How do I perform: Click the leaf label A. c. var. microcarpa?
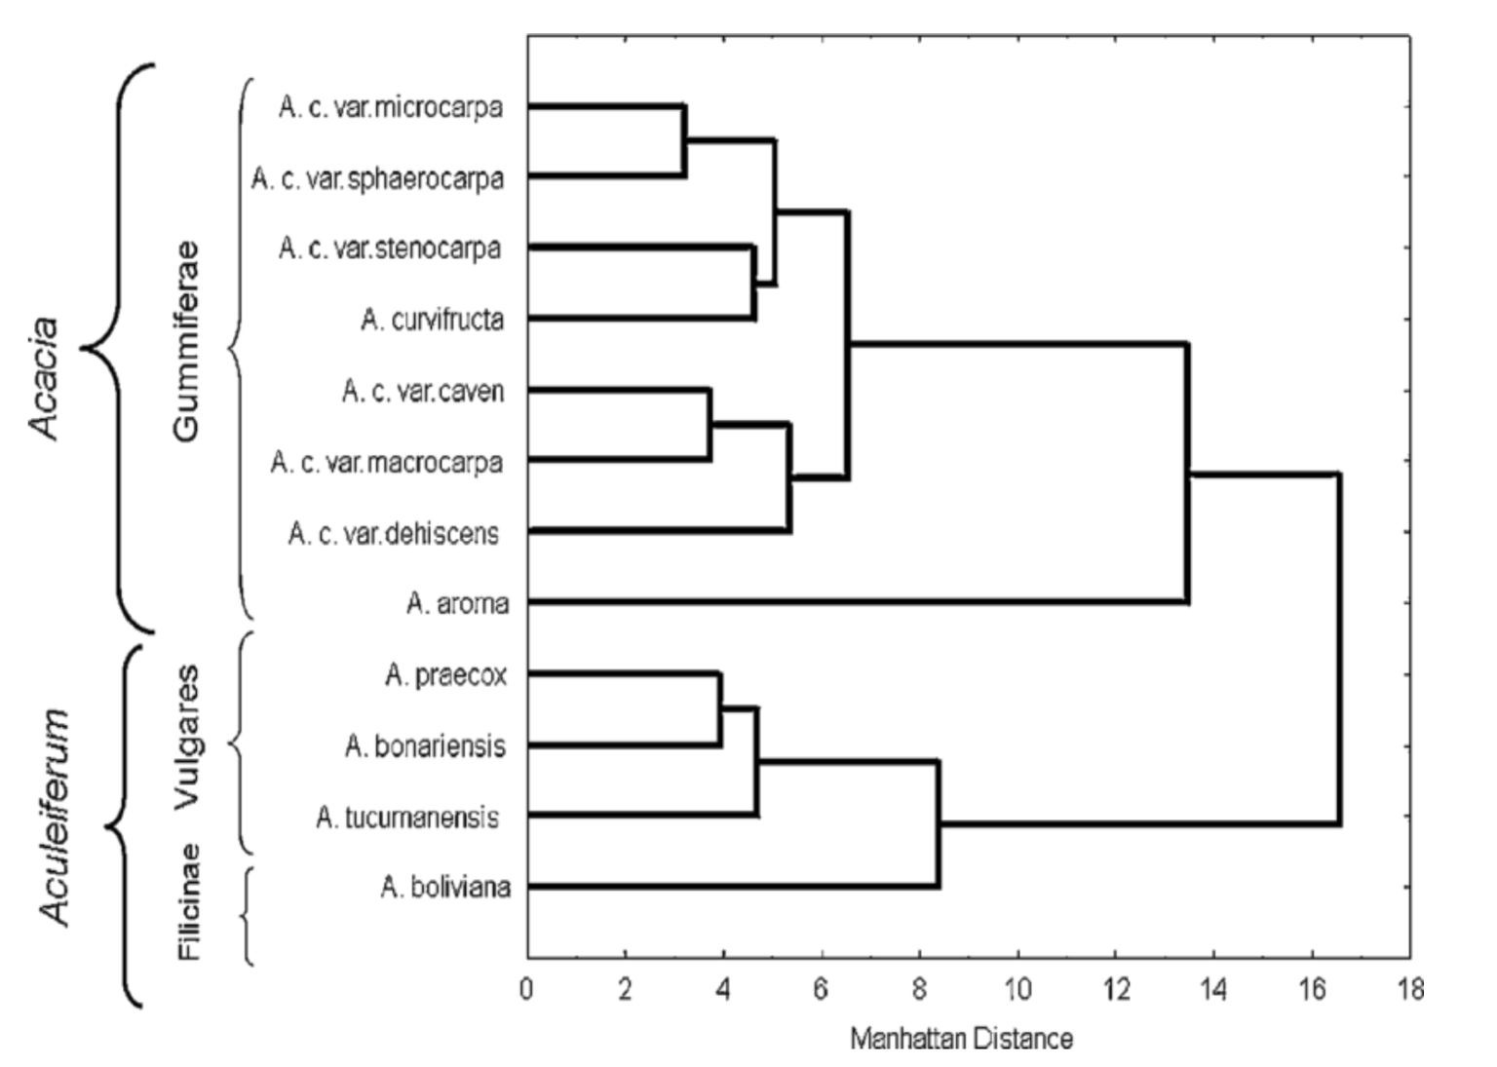[x=391, y=106]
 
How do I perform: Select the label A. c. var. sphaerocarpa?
[x=377, y=178]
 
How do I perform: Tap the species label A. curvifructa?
[x=432, y=320]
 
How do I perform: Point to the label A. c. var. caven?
[x=422, y=391]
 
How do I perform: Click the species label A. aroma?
[x=457, y=604]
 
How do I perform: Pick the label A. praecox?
[x=445, y=675]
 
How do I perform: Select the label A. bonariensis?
[x=425, y=746]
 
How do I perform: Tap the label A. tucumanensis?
[x=407, y=817]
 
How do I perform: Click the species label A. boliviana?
[x=445, y=888]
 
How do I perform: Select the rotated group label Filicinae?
[x=189, y=901]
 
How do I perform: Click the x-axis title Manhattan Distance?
[x=961, y=1039]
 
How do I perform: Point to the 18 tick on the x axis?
[x=1409, y=990]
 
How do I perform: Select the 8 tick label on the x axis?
[x=920, y=990]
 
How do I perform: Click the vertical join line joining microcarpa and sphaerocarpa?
[x=684, y=141]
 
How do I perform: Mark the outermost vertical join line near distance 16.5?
[x=1339, y=649]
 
